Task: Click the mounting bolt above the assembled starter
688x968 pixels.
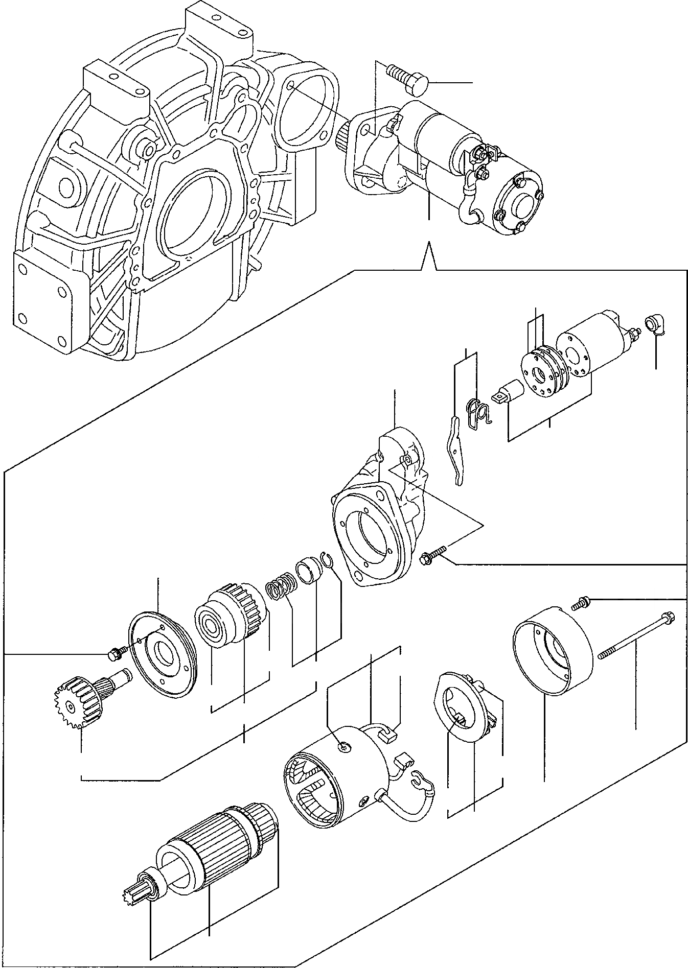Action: point(406,79)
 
